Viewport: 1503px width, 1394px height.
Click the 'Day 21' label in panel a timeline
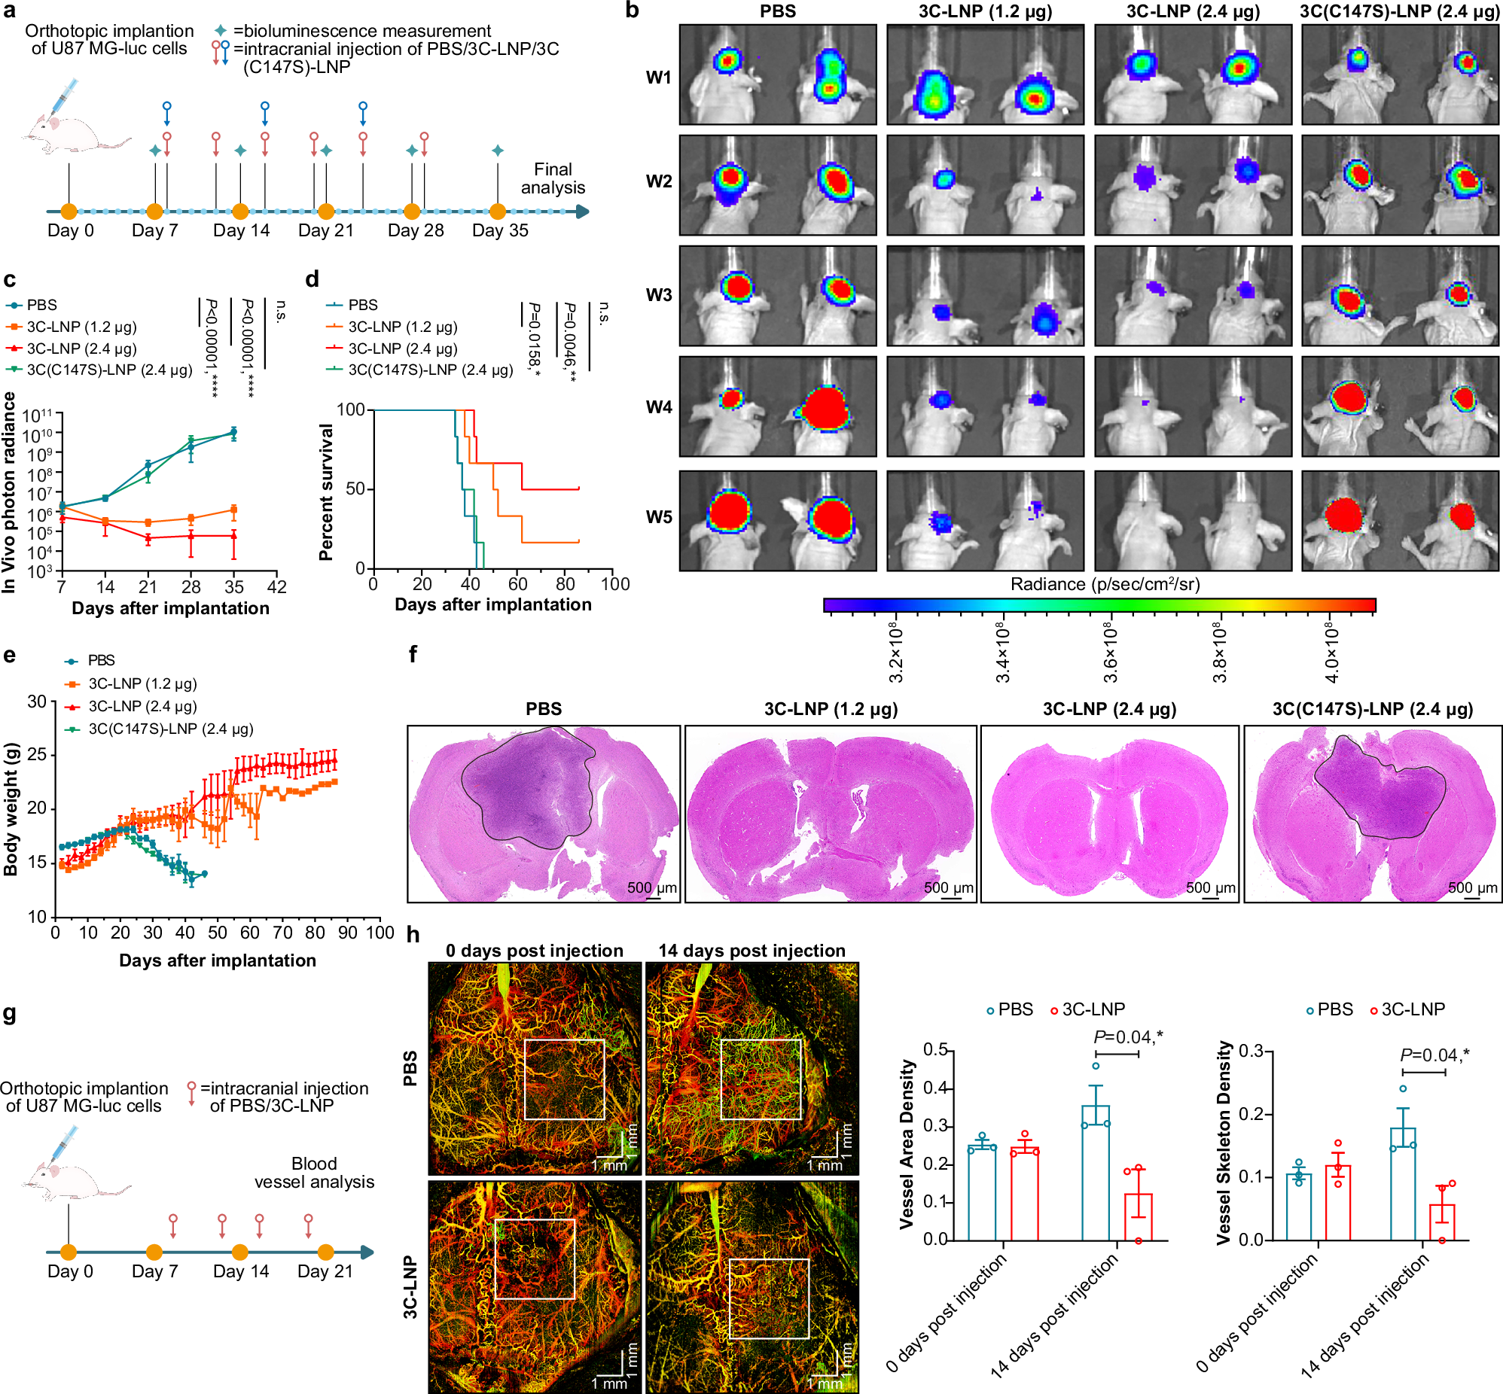325,231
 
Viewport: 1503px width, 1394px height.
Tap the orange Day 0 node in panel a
69,212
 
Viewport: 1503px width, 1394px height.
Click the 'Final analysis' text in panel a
553,179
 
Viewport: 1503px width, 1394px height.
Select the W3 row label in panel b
658,295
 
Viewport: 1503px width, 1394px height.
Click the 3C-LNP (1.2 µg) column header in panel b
985,11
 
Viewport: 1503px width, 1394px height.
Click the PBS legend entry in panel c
41,305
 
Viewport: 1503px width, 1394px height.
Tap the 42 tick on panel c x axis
277,587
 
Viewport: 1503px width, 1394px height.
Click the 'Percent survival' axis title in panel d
326,492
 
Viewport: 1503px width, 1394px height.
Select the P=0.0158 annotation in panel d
534,339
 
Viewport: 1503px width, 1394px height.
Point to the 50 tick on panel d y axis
355,489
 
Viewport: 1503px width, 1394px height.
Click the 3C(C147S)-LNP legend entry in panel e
170,729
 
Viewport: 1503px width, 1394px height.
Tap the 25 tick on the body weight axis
36,755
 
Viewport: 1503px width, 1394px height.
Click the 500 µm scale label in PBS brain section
652,887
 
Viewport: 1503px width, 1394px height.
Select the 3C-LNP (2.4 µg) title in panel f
1109,709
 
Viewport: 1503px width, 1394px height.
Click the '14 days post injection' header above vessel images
751,951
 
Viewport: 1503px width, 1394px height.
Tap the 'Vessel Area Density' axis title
907,1144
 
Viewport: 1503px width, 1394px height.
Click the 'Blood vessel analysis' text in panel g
314,1173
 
